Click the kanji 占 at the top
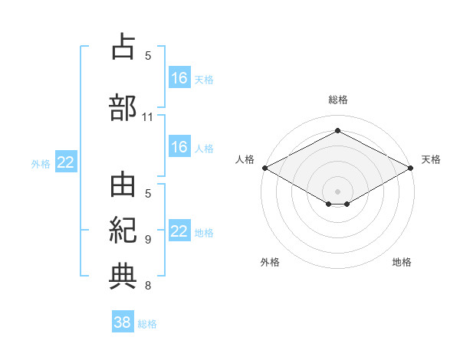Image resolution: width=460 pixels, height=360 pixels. (123, 46)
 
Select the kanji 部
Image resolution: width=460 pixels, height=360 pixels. (123, 107)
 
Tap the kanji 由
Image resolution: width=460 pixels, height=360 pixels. (123, 185)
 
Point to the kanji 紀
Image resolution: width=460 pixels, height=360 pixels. (123, 231)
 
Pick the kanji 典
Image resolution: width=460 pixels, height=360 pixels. (123, 277)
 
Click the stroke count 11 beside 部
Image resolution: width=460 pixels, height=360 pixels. (147, 117)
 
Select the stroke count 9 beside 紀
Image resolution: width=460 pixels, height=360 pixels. (148, 240)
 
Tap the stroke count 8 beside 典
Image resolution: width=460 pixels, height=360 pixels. (148, 285)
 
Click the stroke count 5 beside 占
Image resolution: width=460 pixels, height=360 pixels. (148, 56)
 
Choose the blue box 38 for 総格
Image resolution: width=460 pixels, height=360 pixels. (123, 321)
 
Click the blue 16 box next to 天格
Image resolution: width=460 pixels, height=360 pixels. (180, 77)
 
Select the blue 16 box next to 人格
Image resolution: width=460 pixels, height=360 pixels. (180, 146)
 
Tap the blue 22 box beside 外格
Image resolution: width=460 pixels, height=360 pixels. (66, 162)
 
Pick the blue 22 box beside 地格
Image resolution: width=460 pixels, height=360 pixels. (180, 230)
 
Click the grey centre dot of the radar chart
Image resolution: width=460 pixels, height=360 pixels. (337, 191)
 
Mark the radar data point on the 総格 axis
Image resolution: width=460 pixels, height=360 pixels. (337, 130)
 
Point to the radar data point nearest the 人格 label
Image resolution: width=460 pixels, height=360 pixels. (265, 168)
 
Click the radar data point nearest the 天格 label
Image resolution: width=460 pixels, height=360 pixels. (410, 168)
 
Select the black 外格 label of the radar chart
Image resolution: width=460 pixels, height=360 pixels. (270, 262)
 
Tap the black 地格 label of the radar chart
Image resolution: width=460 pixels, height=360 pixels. (402, 262)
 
